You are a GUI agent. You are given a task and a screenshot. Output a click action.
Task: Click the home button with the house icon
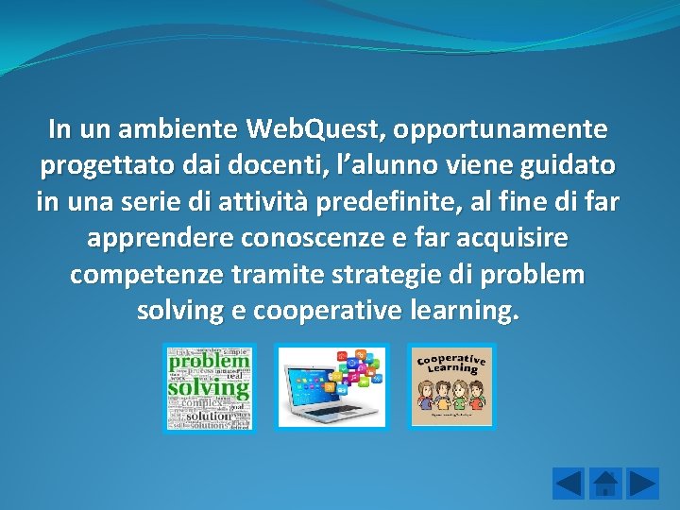[x=605, y=484]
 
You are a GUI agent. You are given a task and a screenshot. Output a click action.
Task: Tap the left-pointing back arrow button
[x=569, y=484]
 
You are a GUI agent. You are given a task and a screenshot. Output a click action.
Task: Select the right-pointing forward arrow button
[x=643, y=484]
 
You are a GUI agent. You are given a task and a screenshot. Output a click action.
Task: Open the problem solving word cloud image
[x=209, y=387]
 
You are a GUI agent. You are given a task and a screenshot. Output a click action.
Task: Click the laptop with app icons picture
[x=331, y=387]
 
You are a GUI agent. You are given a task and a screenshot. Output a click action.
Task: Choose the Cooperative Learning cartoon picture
[x=451, y=385]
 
